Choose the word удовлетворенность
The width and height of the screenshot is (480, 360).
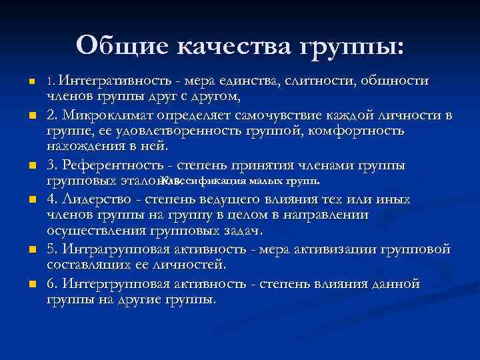coord(161,131)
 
